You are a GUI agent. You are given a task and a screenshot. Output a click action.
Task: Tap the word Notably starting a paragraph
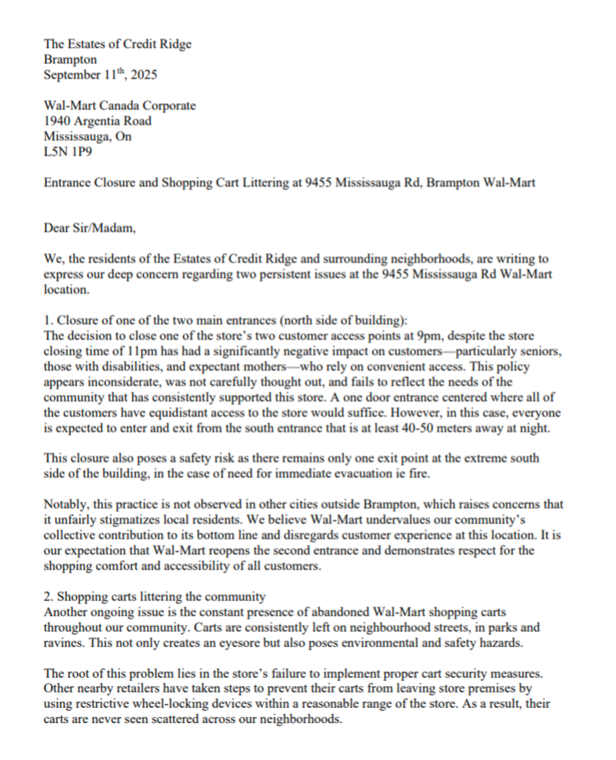(65, 504)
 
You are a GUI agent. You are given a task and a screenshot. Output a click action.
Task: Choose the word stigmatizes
(115, 519)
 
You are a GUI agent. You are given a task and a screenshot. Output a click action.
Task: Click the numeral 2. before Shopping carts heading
(48, 595)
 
